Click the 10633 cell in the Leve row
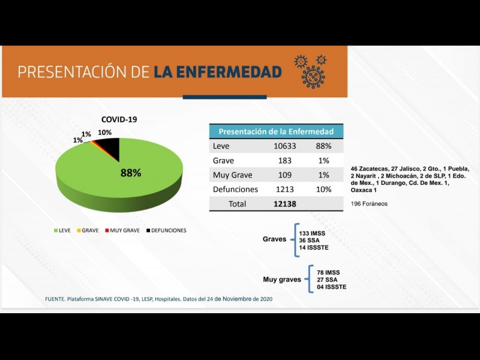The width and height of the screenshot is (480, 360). pyautogui.click(x=286, y=146)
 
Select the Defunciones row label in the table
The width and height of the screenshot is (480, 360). pyautogui.click(x=235, y=190)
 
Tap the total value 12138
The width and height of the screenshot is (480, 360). pyautogui.click(x=286, y=204)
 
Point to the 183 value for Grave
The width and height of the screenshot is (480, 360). pyautogui.click(x=285, y=161)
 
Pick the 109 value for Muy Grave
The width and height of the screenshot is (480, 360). pyautogui.click(x=285, y=175)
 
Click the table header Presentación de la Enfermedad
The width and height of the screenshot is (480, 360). pyautogui.click(x=280, y=131)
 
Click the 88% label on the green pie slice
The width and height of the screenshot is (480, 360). pyautogui.click(x=131, y=173)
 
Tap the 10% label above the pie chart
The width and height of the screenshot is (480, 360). pyautogui.click(x=105, y=133)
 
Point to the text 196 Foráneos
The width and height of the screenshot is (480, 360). pyautogui.click(x=369, y=204)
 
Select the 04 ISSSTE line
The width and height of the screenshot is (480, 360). pyautogui.click(x=332, y=287)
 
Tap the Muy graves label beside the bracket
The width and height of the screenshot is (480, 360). pyautogui.click(x=282, y=280)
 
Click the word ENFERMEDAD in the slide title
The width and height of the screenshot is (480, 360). pyautogui.click(x=217, y=72)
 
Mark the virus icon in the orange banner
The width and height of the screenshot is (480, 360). pyautogui.click(x=311, y=70)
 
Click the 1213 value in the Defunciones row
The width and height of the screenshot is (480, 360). pyautogui.click(x=286, y=190)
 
